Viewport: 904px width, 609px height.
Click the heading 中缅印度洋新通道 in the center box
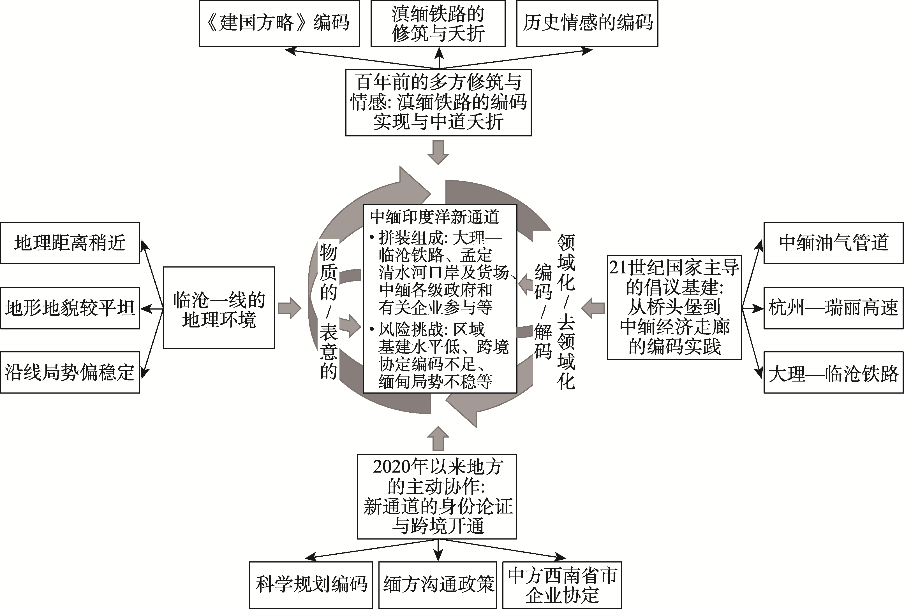pos(434,217)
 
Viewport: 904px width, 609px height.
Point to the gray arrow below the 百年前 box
pos(438,153)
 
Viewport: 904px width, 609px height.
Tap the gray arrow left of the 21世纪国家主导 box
pos(593,308)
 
